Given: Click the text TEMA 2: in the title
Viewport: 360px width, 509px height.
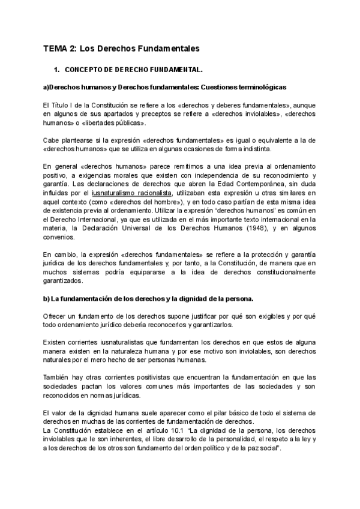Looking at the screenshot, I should click(59, 47).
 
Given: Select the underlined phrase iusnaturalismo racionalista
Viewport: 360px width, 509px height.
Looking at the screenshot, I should click(140, 193).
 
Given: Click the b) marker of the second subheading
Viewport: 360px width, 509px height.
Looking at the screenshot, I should click(47, 299).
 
